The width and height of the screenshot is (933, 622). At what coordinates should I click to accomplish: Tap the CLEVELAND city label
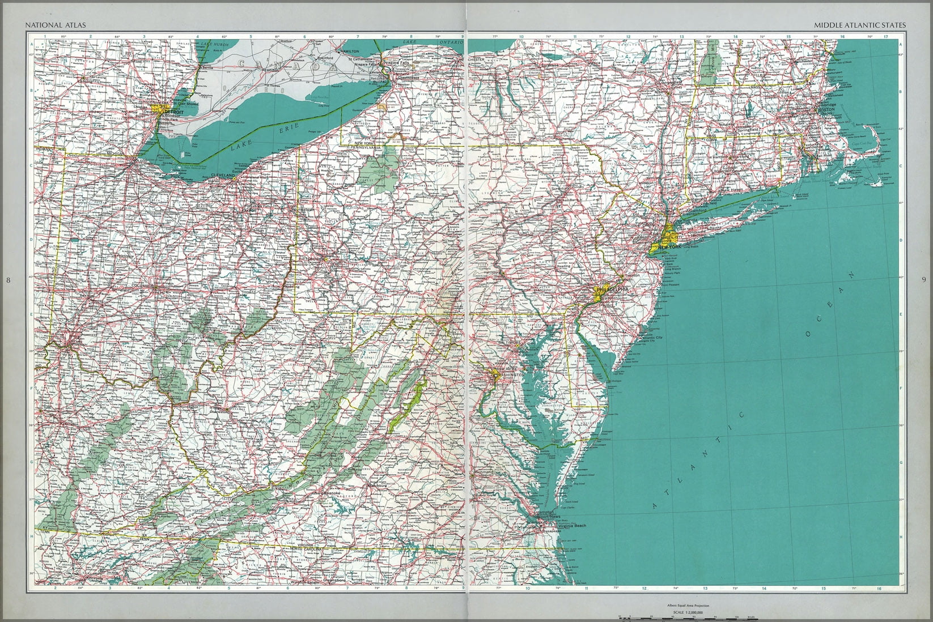(223, 176)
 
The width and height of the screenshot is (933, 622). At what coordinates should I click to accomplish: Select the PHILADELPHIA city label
(611, 289)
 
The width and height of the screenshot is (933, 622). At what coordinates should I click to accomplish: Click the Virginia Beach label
(572, 526)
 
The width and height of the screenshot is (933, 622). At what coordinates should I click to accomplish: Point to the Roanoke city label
(331, 493)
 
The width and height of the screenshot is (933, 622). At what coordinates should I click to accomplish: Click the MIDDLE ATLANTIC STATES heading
(859, 25)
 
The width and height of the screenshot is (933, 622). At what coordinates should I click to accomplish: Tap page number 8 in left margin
(7, 279)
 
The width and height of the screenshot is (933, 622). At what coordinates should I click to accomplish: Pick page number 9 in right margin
(923, 279)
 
